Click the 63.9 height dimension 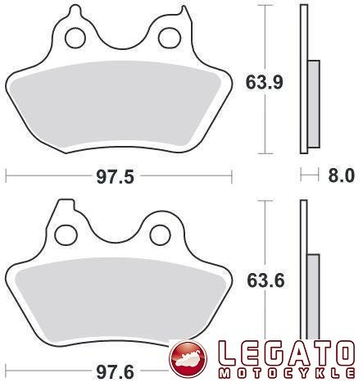coord(264,82)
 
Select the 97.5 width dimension coord(115,177)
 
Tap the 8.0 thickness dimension coord(341,175)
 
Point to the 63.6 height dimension coord(265,280)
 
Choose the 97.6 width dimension coord(115,372)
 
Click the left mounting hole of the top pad coord(75,38)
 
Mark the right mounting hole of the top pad coord(170,38)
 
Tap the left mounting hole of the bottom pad coord(66,235)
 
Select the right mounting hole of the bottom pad coord(161,234)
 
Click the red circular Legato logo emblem coord(188,357)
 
